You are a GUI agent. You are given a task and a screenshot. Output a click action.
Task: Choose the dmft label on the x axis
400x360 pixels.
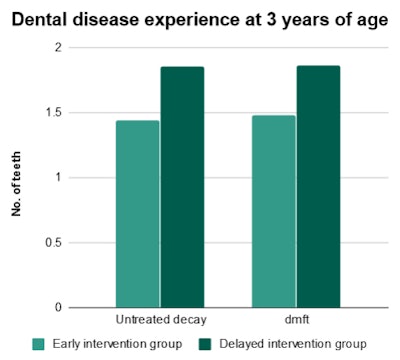[x=296, y=319]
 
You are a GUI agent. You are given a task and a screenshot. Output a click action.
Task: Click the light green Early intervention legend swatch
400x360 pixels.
[x=39, y=344]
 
